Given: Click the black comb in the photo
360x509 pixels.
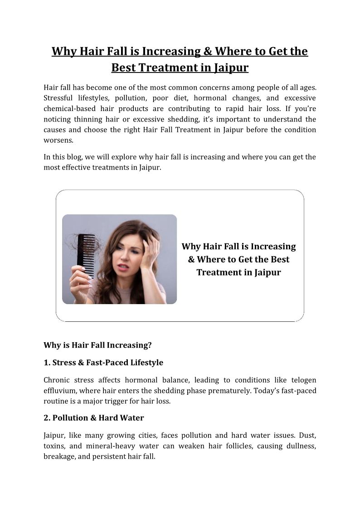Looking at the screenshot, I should click(x=86, y=256).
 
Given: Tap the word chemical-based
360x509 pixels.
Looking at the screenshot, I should click(x=69, y=109).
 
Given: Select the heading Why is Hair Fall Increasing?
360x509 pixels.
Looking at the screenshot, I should click(x=97, y=345).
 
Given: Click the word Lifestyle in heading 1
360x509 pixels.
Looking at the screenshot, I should click(x=143, y=363).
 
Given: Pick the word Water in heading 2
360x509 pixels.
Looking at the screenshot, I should click(x=131, y=417).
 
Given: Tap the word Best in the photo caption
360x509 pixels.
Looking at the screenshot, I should click(x=279, y=260).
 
